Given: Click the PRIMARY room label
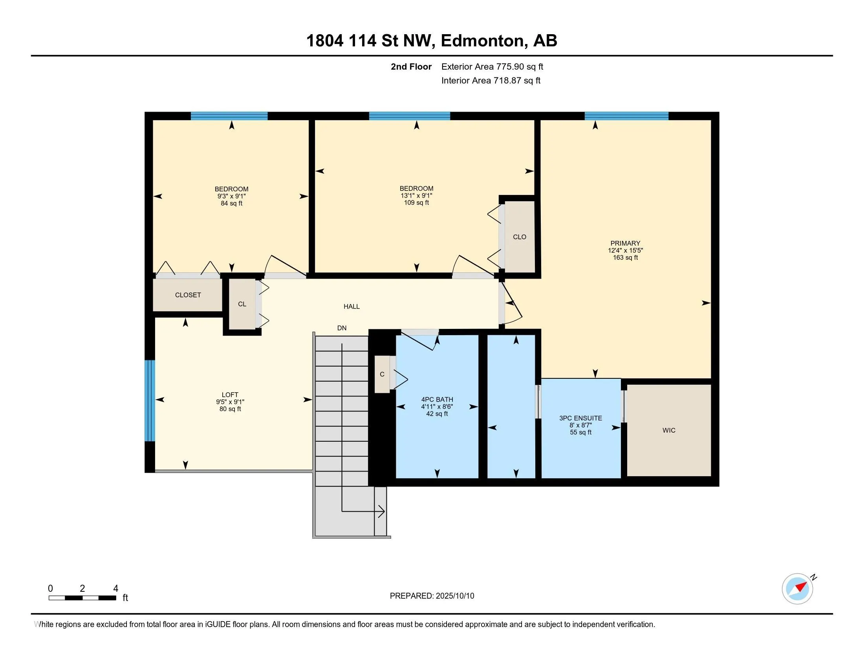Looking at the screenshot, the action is (x=625, y=243).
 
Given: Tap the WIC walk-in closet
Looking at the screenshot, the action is (x=669, y=430).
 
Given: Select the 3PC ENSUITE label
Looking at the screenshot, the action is (x=580, y=418).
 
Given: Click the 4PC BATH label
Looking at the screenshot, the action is (x=437, y=400).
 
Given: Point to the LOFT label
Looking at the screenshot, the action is (x=230, y=395).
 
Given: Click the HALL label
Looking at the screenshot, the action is (x=352, y=306).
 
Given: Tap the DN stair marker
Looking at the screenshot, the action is (x=342, y=328).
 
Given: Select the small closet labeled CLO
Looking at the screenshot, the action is (x=520, y=237).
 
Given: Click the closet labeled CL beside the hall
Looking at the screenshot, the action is (x=242, y=304).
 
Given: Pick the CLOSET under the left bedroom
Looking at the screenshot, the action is (x=188, y=295).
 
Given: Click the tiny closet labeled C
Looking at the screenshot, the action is (x=382, y=374).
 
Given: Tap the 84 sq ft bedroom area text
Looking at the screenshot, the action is (x=231, y=204).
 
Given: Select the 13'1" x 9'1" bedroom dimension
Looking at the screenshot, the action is (x=416, y=196).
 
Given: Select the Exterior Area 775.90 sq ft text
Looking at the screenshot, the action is (x=492, y=66).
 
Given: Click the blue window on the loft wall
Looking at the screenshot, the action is (x=150, y=400).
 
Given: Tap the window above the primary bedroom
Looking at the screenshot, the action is (x=627, y=116).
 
